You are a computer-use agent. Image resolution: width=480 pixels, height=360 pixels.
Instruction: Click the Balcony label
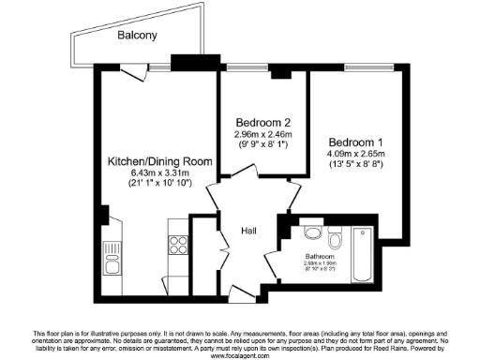pyautogui.click(x=137, y=36)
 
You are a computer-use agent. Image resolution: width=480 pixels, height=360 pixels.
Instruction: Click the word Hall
pyautogui.click(x=249, y=231)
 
